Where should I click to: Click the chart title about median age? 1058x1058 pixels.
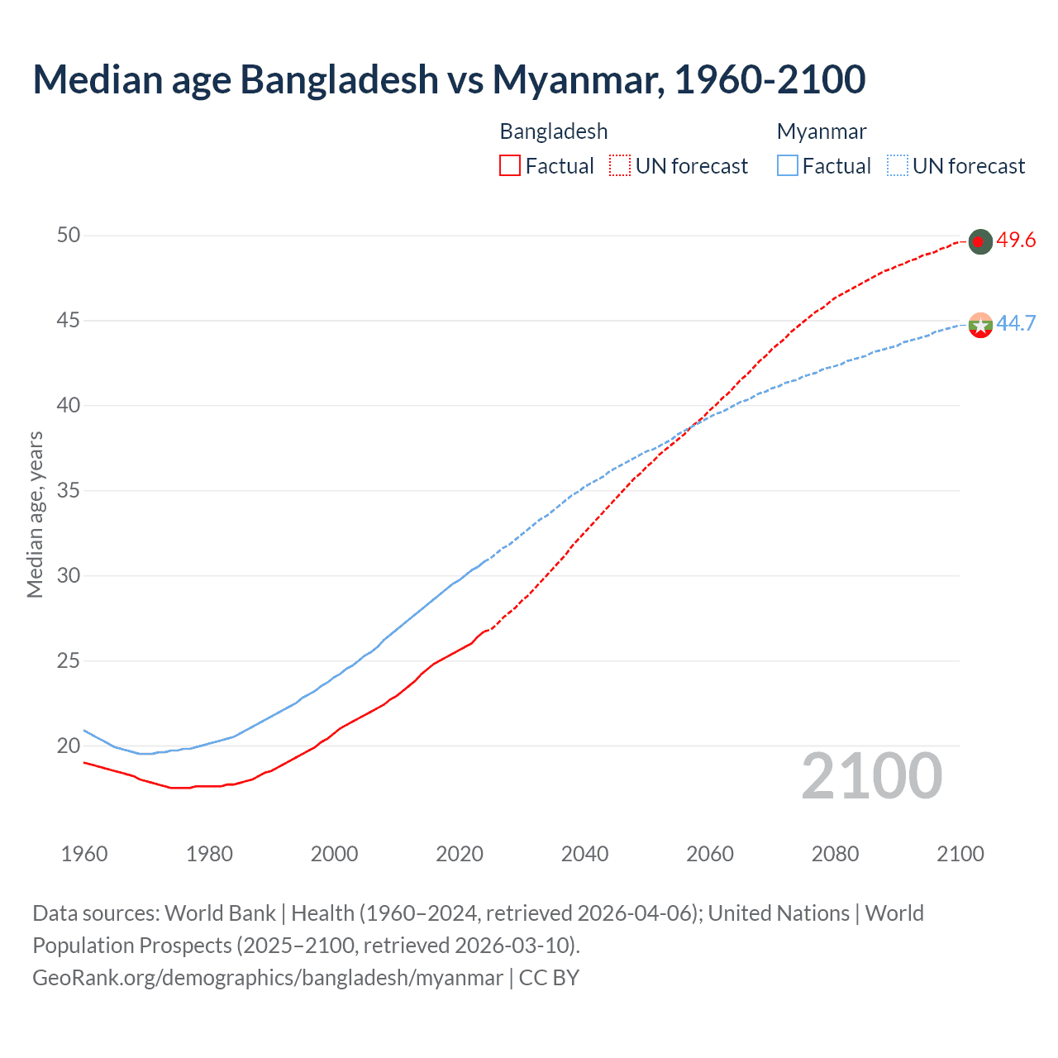click(449, 79)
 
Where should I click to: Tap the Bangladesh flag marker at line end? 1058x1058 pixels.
click(979, 241)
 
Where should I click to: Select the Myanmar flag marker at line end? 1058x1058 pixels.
click(979, 325)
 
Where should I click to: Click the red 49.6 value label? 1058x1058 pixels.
click(1016, 241)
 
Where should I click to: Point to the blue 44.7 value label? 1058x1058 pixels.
click(1016, 323)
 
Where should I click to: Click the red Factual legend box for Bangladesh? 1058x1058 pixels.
click(510, 166)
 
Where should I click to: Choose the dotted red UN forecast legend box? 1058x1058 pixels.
click(620, 166)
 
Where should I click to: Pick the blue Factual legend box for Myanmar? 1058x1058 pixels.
click(788, 166)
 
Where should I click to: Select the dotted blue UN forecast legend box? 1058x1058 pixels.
click(897, 166)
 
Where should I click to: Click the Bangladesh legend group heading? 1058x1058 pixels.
click(554, 131)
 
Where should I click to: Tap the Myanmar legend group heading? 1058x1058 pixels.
click(822, 131)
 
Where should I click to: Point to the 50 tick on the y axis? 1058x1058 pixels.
click(69, 236)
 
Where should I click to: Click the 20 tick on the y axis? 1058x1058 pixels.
click(69, 746)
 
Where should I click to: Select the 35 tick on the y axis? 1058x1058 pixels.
click(69, 491)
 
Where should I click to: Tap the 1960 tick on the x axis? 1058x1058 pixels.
click(84, 854)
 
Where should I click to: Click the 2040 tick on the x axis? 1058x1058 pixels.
click(584, 854)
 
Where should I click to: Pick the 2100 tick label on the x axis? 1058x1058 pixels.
click(960, 854)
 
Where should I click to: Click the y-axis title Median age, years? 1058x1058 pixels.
click(35, 514)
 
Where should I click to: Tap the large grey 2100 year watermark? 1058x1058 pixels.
click(871, 776)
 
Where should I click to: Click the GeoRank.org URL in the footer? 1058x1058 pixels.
click(267, 978)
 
